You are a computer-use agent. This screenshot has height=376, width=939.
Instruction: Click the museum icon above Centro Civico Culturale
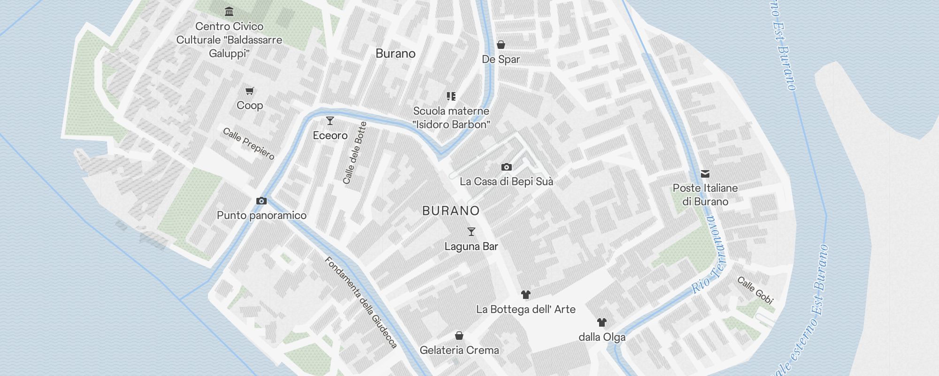229,11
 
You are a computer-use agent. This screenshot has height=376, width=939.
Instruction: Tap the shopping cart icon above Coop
250,91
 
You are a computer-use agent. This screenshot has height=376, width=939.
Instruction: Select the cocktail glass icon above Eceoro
330,121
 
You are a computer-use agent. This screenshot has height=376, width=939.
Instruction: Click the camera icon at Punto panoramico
262,201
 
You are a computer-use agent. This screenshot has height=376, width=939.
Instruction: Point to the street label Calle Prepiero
248,143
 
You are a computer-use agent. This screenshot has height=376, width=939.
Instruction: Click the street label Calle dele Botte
354,153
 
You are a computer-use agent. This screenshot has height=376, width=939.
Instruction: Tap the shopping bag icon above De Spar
501,45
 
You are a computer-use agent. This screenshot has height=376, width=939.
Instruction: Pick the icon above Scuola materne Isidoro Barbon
451,96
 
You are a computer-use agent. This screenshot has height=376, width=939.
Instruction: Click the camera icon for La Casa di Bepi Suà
506,167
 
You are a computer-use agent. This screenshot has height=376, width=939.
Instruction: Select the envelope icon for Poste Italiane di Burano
705,174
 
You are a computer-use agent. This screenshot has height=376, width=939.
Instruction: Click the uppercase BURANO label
451,211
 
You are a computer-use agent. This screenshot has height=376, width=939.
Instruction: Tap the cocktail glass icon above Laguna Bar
471,232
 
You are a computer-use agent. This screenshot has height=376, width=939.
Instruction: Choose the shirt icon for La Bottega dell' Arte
526,295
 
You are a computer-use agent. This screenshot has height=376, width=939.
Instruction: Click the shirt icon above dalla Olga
602,322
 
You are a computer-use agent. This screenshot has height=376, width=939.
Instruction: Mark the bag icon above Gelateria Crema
459,336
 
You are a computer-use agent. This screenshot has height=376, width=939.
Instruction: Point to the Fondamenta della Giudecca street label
361,302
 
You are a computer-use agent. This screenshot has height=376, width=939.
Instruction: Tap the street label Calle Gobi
755,290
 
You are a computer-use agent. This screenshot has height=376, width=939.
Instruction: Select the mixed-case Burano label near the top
395,54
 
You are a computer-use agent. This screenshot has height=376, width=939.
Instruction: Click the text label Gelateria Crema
459,350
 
